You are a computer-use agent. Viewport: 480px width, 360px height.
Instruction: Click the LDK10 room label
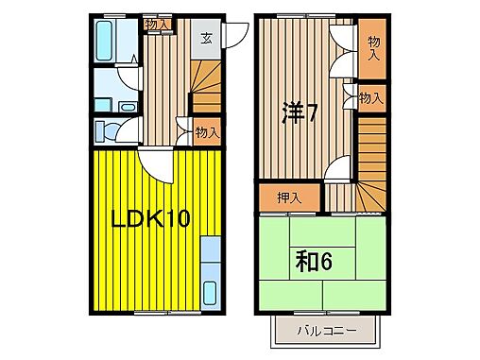point(151,220)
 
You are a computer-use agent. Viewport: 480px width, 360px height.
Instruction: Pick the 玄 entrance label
point(206,40)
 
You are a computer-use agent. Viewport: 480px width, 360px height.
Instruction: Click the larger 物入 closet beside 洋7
point(373,49)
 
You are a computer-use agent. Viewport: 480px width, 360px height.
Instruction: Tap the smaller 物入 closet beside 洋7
point(371,96)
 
